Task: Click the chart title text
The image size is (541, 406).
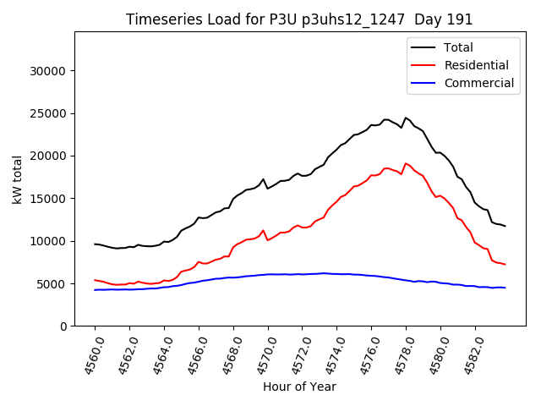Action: point(299,19)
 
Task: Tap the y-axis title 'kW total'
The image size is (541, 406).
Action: point(18,179)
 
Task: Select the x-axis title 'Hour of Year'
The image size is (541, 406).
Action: point(299,387)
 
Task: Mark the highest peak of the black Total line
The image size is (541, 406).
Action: point(406,118)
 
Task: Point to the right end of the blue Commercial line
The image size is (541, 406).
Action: point(505,288)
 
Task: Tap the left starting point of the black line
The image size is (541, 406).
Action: point(95,244)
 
